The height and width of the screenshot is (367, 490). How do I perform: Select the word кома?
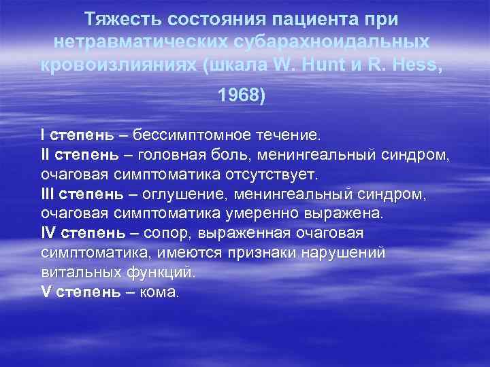coord(163,294)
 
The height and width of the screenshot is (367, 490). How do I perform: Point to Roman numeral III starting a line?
coord(50,196)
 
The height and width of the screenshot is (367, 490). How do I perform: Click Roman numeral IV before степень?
coord(50,234)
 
